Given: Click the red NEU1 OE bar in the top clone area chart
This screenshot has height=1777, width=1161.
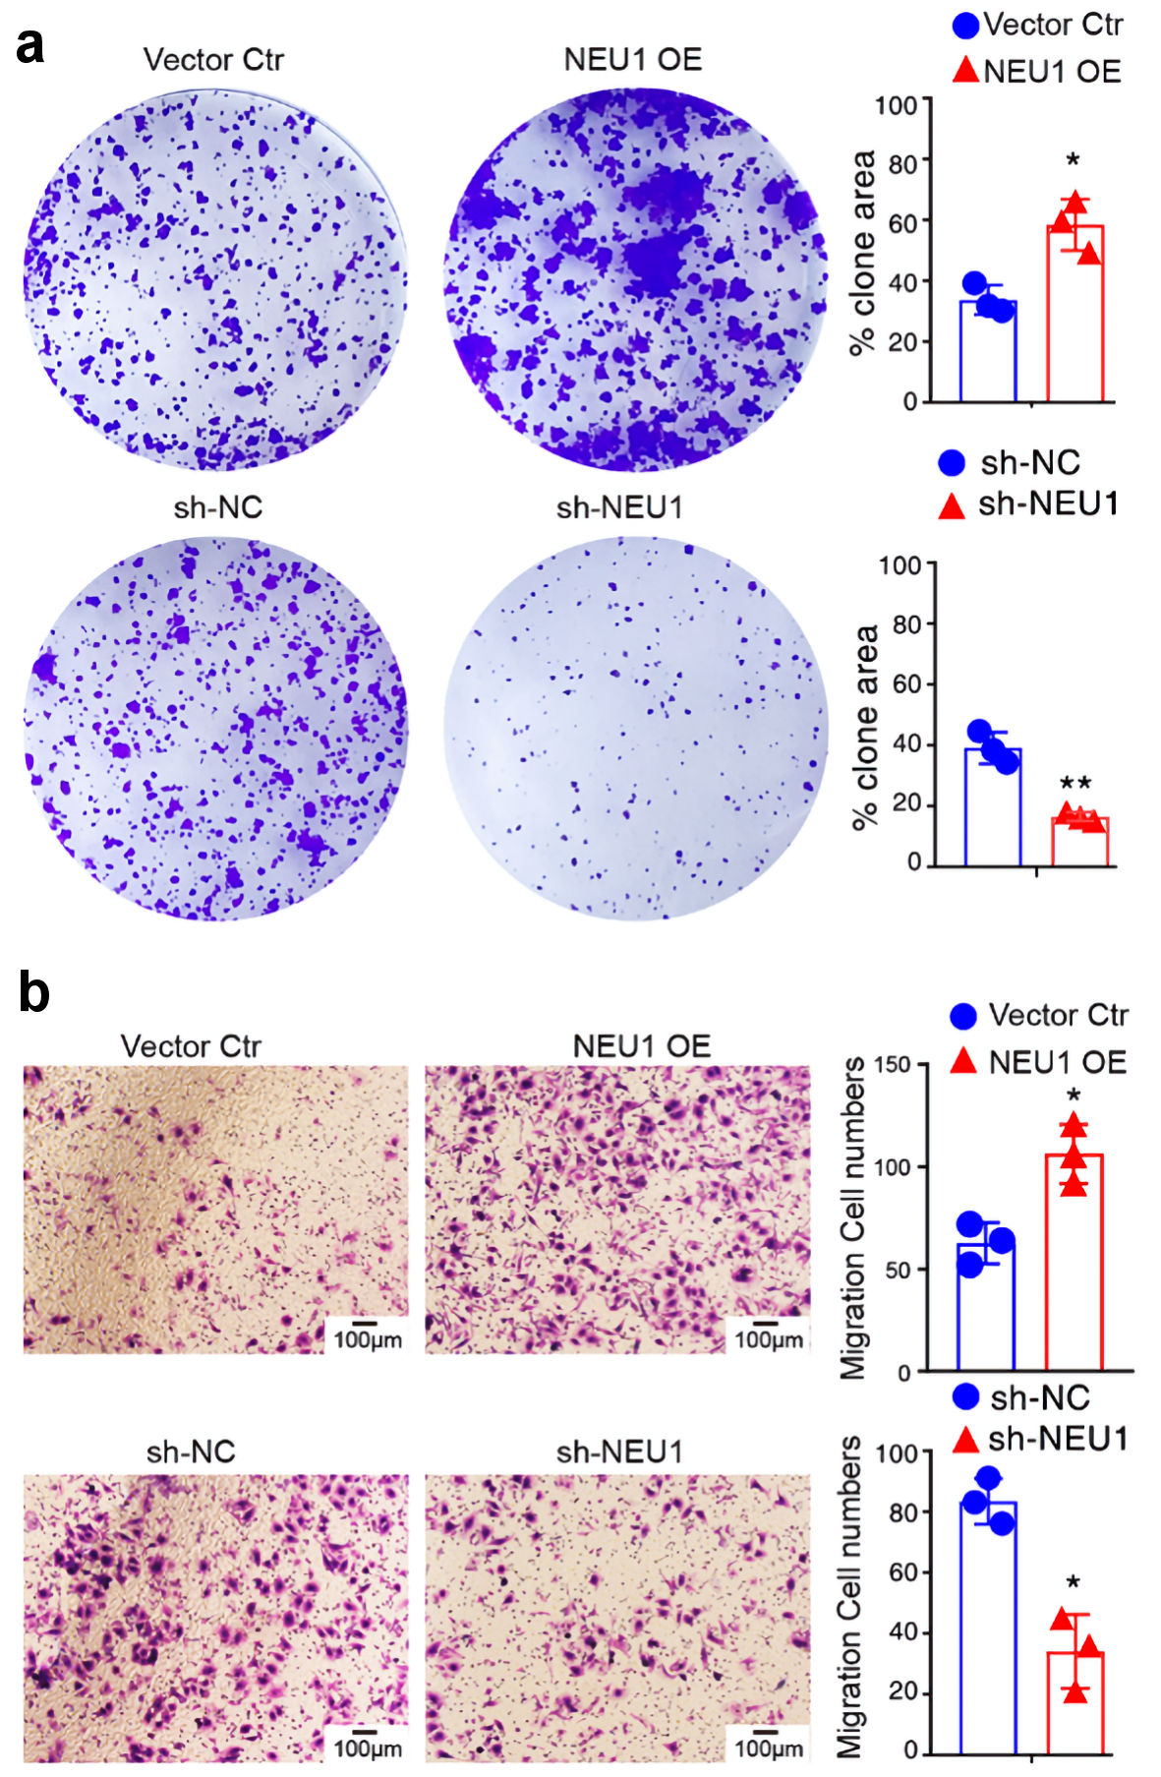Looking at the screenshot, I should [x=1074, y=315].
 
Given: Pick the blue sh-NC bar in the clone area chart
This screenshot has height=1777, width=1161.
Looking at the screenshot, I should [x=992, y=807].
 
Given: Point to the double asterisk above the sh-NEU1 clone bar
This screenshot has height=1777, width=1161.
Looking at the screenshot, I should [x=1074, y=784].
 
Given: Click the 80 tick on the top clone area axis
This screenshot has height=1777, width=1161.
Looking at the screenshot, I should [x=902, y=162].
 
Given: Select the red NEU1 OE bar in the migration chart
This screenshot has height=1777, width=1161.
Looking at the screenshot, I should [x=1074, y=1263].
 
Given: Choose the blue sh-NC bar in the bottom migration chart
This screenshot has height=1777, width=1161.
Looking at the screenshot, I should [x=988, y=1628].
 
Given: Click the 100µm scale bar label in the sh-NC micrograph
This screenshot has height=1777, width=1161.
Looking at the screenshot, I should [x=366, y=1748].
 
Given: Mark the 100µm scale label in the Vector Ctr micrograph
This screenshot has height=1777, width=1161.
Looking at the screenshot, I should [x=366, y=1339].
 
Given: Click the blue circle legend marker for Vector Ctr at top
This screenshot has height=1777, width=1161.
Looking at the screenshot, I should [x=965, y=26].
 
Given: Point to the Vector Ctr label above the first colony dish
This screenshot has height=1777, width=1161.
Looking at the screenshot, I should [x=213, y=60].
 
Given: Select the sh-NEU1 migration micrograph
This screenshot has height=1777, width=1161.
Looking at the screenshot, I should [x=617, y=1619].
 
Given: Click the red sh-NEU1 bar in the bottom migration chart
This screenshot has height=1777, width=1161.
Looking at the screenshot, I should [x=1075, y=1701].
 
